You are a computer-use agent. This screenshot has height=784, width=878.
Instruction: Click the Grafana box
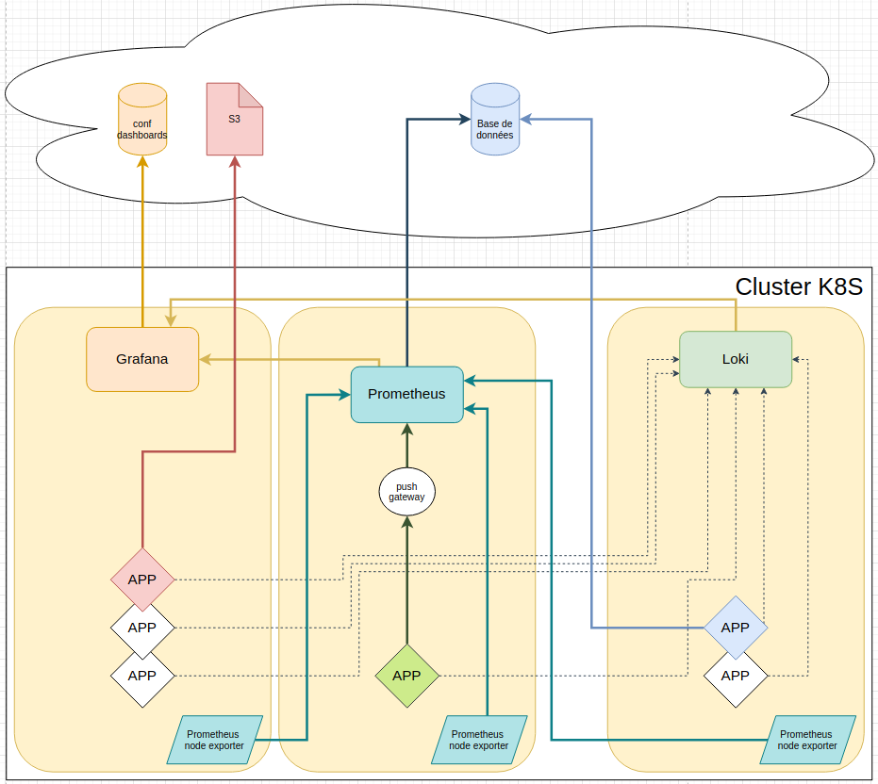(x=142, y=359)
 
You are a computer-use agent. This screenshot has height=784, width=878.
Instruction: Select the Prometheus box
(x=406, y=394)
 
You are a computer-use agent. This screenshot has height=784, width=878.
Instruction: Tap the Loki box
(x=735, y=359)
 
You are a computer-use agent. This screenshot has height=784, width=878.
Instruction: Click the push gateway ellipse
(x=406, y=492)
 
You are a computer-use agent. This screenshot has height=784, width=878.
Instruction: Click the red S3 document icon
(x=234, y=120)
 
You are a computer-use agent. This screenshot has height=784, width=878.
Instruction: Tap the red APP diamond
(x=142, y=580)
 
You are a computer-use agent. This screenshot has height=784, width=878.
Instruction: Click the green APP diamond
(x=406, y=676)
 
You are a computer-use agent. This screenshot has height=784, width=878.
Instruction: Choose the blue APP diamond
(x=735, y=628)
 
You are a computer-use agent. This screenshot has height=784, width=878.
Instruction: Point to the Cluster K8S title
(x=798, y=287)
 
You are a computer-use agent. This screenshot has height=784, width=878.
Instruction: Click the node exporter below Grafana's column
(x=214, y=740)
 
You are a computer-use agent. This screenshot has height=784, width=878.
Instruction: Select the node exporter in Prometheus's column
(x=478, y=740)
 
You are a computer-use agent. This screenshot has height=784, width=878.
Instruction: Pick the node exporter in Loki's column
(x=807, y=740)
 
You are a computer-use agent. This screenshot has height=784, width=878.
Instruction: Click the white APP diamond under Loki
(x=735, y=676)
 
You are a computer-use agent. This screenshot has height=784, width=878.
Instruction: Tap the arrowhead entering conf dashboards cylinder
(x=142, y=161)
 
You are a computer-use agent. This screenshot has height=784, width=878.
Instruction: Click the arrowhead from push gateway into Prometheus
(x=406, y=430)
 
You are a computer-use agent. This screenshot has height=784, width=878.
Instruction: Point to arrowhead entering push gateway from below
(x=406, y=521)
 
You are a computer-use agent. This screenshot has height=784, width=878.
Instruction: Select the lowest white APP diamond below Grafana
(x=142, y=676)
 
